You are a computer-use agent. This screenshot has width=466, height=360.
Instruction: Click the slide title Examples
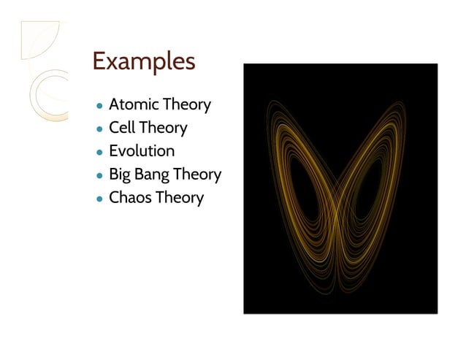[x=143, y=61]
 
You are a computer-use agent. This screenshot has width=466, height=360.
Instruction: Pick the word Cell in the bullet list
[x=122, y=128]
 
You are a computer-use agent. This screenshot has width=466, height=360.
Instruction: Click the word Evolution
[x=142, y=151]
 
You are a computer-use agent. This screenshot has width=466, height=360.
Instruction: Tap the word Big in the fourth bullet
[x=121, y=175]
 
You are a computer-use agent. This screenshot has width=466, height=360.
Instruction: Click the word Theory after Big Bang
[x=198, y=175]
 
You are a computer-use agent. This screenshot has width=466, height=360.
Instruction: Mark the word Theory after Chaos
[x=180, y=198]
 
